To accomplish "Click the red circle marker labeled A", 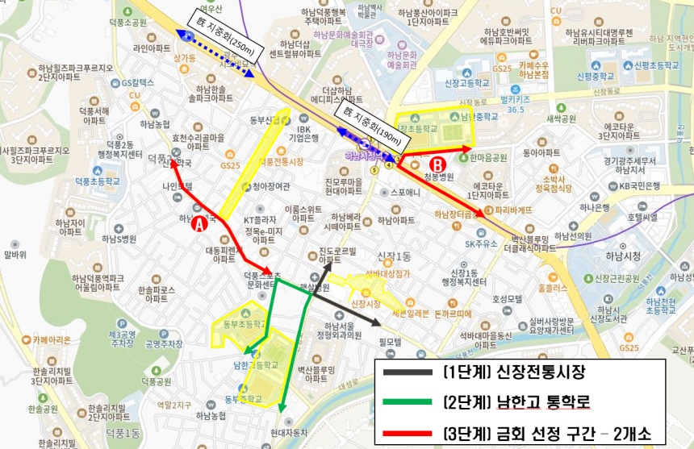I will pos(199,227).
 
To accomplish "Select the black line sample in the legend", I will pos(408,372).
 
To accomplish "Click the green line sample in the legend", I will pos(408,401).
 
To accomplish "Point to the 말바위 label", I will pos(15,255).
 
